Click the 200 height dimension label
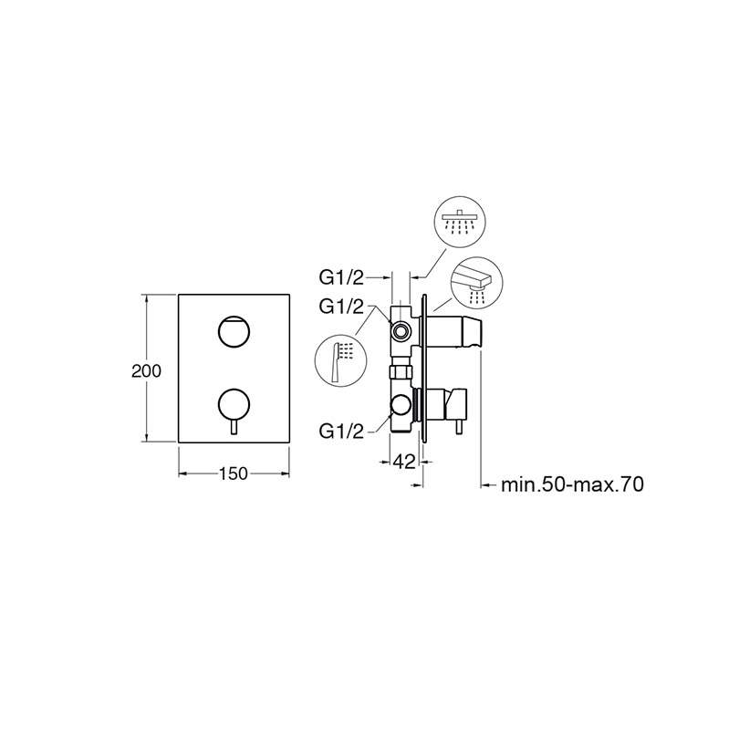tap(146, 371)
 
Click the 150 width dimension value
tap(234, 474)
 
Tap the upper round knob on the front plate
tap(234, 331)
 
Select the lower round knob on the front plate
tap(234, 405)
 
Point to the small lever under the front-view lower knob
tap(234, 428)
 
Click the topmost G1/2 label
tap(342, 278)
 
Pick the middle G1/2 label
tap(342, 307)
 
